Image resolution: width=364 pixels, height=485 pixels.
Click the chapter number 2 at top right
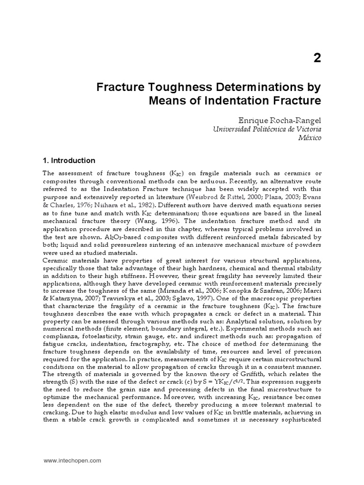tap(317, 58)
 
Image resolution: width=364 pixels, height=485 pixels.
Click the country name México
tap(310, 138)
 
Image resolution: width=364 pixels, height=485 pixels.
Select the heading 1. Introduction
tap(69, 161)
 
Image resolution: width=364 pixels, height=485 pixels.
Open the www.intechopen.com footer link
tap(73, 459)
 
